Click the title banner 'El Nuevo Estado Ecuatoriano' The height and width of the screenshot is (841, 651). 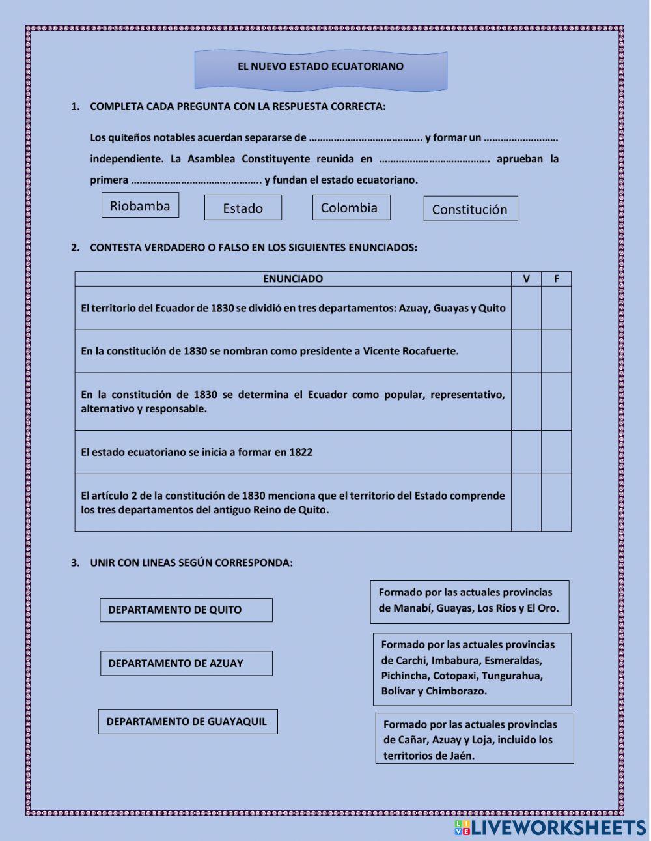[x=320, y=68]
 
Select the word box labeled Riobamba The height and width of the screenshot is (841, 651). [x=140, y=206]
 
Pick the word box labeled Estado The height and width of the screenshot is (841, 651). [x=243, y=208]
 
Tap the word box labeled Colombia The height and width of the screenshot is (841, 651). [x=351, y=208]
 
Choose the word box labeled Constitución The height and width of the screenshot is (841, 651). [x=470, y=209]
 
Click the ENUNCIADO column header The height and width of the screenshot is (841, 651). [x=293, y=279]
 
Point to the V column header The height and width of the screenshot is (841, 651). [x=526, y=279]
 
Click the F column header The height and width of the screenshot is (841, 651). [x=557, y=279]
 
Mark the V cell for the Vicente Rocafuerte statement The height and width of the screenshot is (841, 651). [x=526, y=351]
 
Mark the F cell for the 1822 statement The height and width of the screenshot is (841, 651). [x=557, y=452]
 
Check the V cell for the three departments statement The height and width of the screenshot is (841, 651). [x=526, y=308]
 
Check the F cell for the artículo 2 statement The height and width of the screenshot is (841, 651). [x=557, y=502]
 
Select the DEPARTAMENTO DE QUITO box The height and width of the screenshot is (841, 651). [x=186, y=610]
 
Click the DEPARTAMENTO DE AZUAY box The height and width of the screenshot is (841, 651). [x=186, y=663]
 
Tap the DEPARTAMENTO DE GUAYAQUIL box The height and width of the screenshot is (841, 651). [x=187, y=722]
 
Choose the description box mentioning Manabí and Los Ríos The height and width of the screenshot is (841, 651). [x=469, y=601]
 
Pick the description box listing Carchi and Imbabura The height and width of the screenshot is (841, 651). [x=472, y=668]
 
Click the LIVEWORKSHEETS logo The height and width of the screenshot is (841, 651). [x=551, y=827]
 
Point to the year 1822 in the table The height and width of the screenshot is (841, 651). [x=301, y=452]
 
